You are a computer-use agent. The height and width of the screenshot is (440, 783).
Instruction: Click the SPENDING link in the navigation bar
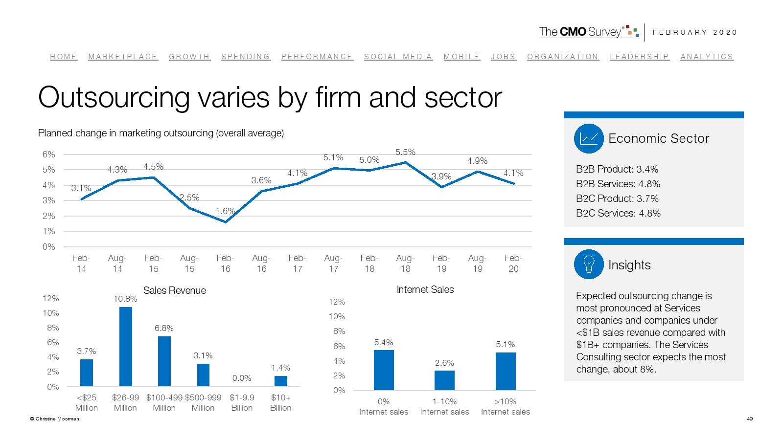tap(245, 57)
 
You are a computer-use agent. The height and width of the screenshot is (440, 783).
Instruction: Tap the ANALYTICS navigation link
tap(707, 57)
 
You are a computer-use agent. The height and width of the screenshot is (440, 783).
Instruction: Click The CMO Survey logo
tap(589, 32)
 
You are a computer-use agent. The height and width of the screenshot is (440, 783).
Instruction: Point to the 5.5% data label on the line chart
tap(405, 152)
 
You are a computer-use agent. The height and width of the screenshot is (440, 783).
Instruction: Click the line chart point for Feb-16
tap(226, 222)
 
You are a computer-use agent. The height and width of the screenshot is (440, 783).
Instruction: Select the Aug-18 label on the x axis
tap(405, 263)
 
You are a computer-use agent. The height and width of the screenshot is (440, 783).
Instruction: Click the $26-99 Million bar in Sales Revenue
tap(126, 347)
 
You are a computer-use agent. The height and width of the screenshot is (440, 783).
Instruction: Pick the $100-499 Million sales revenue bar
tap(164, 361)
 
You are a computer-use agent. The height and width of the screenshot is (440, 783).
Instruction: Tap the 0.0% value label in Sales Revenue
tap(242, 378)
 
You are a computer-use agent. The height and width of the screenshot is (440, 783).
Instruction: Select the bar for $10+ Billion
tap(281, 381)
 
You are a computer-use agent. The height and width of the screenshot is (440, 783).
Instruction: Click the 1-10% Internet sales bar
tap(444, 380)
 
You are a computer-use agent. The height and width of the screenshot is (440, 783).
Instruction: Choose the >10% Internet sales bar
tap(506, 371)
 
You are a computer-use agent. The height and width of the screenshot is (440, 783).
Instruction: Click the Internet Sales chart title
tap(425, 289)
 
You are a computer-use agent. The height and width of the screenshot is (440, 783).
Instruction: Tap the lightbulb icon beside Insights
tap(589, 264)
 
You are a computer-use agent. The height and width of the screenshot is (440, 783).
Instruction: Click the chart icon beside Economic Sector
tap(589, 138)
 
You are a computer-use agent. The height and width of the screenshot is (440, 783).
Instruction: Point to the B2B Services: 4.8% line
tap(618, 184)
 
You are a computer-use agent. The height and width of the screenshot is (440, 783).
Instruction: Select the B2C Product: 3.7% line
tap(617, 198)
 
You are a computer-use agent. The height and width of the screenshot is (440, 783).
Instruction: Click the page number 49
tap(750, 418)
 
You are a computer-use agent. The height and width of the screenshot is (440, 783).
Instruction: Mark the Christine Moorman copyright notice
tap(54, 418)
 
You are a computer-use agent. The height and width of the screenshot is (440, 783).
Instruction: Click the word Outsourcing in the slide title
tap(114, 97)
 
